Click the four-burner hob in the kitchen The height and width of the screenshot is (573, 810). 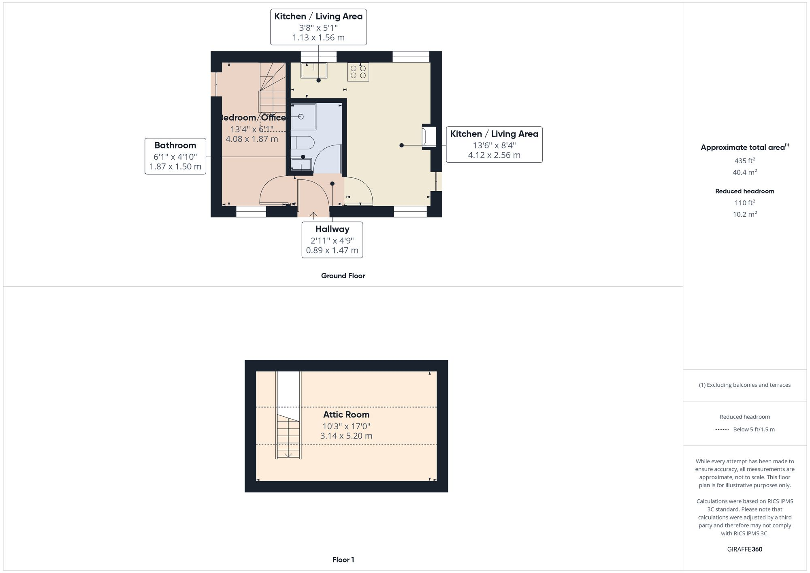[358, 72]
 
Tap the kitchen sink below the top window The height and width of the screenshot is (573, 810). [314, 70]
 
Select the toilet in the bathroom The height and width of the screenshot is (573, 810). [303, 143]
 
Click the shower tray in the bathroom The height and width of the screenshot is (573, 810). [303, 116]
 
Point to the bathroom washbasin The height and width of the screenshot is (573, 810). [301, 164]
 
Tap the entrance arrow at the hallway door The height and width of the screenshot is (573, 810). [313, 215]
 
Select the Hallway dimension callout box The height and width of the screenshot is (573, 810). [332, 240]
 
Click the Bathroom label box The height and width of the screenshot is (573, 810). [175, 156]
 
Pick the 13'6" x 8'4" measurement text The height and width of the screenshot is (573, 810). [494, 145]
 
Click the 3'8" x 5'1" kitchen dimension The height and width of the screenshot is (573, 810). [318, 28]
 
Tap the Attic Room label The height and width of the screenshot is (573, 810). [346, 414]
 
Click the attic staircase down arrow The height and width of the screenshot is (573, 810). [288, 454]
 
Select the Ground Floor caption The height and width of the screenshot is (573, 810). [343, 276]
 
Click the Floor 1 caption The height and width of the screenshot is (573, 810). [343, 560]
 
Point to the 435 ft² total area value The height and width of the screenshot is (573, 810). [744, 160]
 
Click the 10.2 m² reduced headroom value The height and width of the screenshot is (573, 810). [744, 214]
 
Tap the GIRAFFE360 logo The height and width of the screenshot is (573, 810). [744, 549]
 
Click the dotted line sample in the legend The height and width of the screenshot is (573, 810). [722, 429]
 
